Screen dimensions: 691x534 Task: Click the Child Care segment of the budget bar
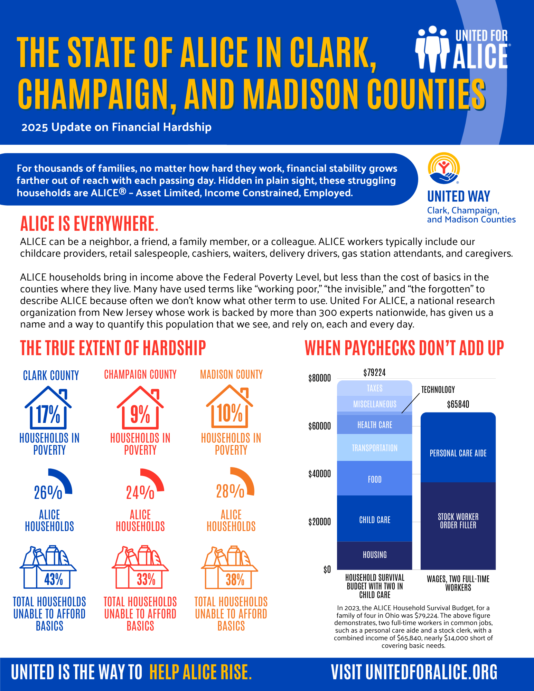tap(375, 520)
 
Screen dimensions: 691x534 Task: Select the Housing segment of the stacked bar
tap(375, 555)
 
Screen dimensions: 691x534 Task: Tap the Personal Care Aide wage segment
tap(458, 453)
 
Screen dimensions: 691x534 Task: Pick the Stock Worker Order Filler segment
tap(458, 521)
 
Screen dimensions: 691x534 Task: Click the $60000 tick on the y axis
tap(319, 426)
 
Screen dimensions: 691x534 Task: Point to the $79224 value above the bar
tap(374, 372)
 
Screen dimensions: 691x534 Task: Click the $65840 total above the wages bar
tap(458, 404)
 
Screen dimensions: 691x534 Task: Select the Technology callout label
tap(438, 390)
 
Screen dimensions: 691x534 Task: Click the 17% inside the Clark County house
tap(48, 414)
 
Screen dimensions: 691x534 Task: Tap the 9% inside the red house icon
tap(140, 414)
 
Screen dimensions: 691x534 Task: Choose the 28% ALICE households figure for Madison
tap(230, 491)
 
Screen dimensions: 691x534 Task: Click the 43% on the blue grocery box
tap(54, 579)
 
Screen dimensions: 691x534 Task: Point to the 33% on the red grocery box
tap(146, 579)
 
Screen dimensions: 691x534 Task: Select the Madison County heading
tap(231, 375)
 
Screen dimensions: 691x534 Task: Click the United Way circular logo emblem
tap(444, 168)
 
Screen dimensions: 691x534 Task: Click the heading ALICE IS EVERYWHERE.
tap(89, 224)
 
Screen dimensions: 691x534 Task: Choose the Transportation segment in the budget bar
tap(375, 448)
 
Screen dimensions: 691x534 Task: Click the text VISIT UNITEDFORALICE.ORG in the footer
tap(414, 672)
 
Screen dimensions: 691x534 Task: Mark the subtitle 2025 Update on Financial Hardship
tap(116, 127)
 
